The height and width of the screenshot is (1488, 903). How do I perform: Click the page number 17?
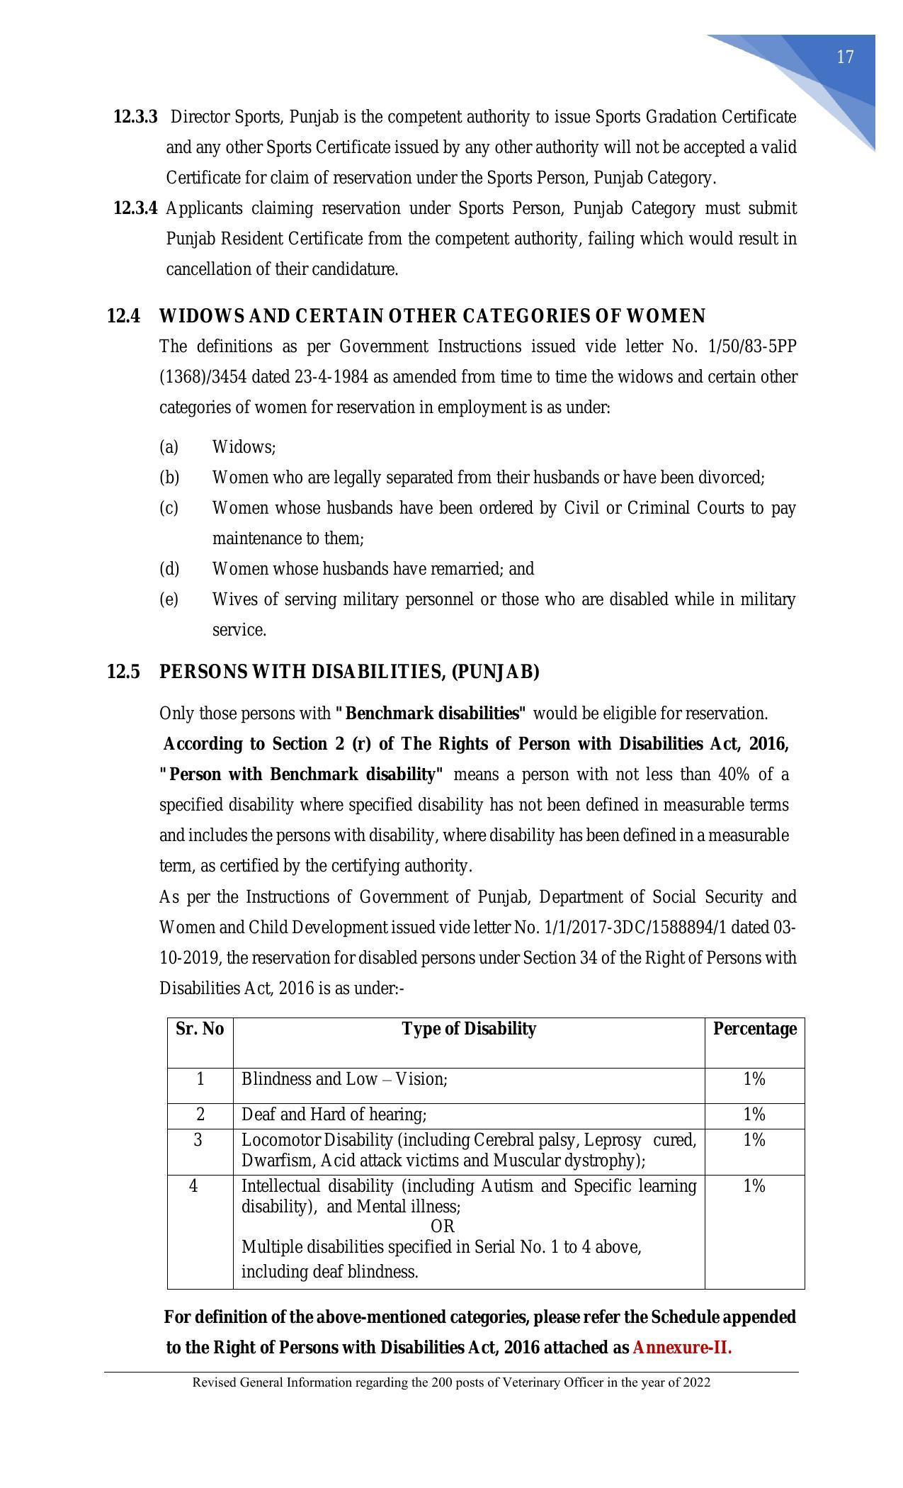coord(845,57)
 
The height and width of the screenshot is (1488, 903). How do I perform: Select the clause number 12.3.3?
coord(135,117)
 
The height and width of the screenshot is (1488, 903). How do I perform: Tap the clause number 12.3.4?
coord(135,208)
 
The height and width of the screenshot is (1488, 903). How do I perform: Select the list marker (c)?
coord(169,508)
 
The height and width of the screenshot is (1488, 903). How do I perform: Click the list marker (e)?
coord(169,599)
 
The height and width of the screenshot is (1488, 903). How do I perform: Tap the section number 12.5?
coord(123,672)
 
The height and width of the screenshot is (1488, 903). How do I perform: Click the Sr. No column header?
coord(200,1029)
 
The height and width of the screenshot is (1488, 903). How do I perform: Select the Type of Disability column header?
coord(469,1029)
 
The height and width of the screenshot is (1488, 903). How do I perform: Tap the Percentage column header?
coord(754,1029)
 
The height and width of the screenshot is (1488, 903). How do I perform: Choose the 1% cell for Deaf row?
coord(754,1115)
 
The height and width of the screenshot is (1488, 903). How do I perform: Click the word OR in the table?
coord(443,1227)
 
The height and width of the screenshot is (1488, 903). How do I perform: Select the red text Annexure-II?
coord(681,1348)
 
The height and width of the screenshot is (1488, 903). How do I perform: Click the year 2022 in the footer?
coord(697,1382)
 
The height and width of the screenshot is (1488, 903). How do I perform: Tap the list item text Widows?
coord(244,447)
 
